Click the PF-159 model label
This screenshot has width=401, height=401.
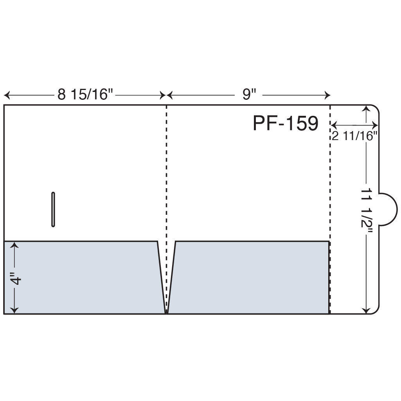coord(286,123)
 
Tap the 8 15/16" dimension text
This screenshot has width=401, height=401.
coord(85,94)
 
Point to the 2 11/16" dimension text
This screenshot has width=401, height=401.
coord(355,135)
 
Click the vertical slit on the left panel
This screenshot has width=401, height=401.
coord(53,209)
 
